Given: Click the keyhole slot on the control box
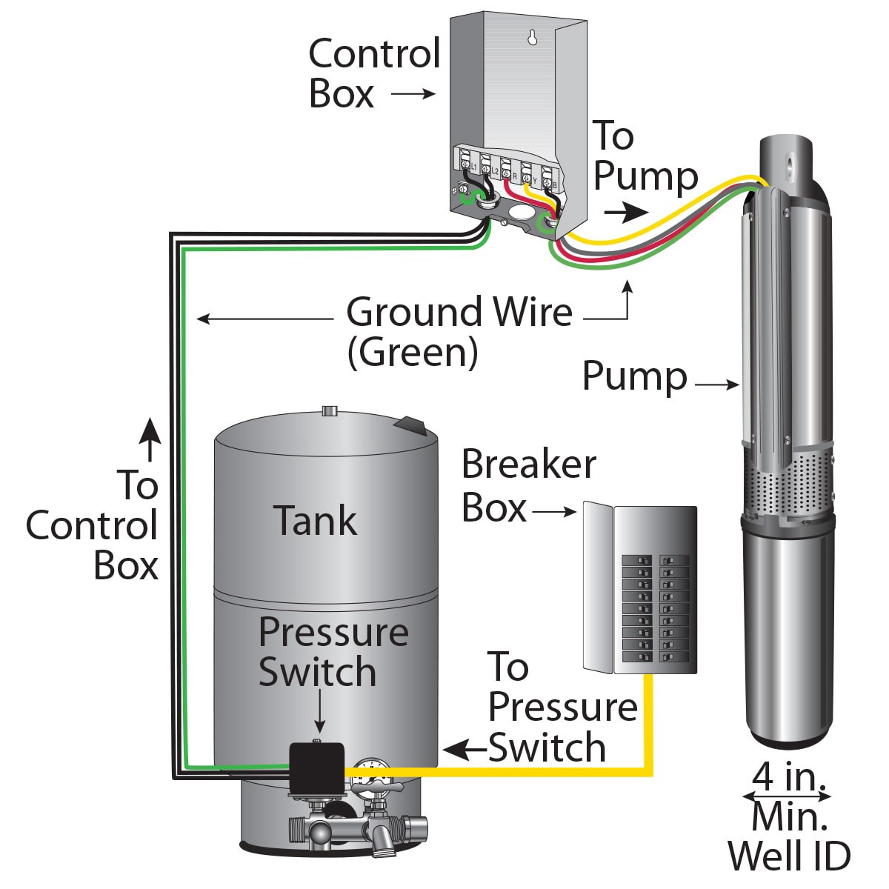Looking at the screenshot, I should (x=531, y=38).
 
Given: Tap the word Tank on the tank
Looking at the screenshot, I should (x=315, y=520).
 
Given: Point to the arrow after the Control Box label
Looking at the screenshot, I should (x=413, y=94).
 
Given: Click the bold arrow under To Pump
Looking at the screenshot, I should (x=624, y=213).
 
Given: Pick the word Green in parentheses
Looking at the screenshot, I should (x=413, y=353).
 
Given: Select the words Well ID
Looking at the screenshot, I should (x=789, y=856).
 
